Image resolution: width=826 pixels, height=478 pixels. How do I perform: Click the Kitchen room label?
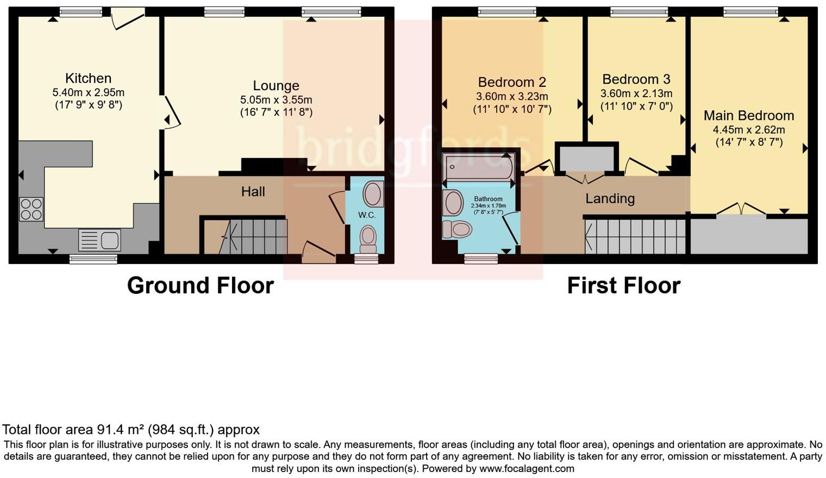(88, 78)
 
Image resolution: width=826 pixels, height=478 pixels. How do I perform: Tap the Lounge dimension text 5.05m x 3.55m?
(276, 100)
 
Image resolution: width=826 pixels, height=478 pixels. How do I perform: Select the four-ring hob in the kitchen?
(32, 209)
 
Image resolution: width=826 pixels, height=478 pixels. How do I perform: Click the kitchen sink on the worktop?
(100, 240)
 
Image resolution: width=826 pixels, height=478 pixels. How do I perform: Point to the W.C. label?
(367, 215)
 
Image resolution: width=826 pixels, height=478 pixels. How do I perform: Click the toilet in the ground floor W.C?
(368, 238)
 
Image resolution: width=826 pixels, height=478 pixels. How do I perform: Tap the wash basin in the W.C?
(373, 194)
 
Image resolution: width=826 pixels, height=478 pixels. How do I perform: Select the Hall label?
(253, 191)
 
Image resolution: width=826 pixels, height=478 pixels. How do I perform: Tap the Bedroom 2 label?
(512, 82)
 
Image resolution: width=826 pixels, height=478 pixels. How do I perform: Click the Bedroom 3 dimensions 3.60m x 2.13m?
(636, 93)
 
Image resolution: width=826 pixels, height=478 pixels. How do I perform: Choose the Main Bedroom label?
(748, 116)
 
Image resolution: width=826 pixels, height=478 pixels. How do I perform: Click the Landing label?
(610, 198)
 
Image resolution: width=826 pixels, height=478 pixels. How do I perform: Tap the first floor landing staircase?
(635, 237)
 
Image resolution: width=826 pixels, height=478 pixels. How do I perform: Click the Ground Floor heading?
(200, 286)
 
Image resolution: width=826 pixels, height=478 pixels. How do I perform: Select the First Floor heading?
(623, 286)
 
